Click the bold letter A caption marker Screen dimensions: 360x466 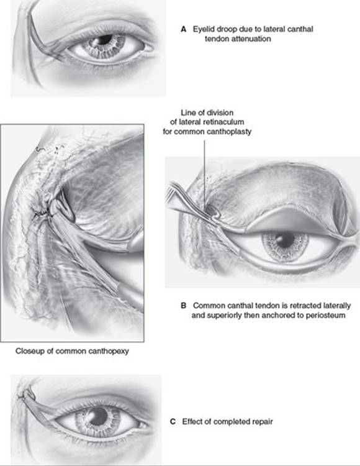point(183,29)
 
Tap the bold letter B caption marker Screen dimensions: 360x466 point(184,306)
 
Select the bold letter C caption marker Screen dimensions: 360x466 point(173,422)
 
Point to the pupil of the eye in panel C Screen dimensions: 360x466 point(99,416)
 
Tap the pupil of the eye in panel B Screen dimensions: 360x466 point(285,240)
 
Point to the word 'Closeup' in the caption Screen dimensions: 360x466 point(30,351)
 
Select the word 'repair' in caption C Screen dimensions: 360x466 point(263,422)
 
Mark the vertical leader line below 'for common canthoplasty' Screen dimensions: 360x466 point(204,175)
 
